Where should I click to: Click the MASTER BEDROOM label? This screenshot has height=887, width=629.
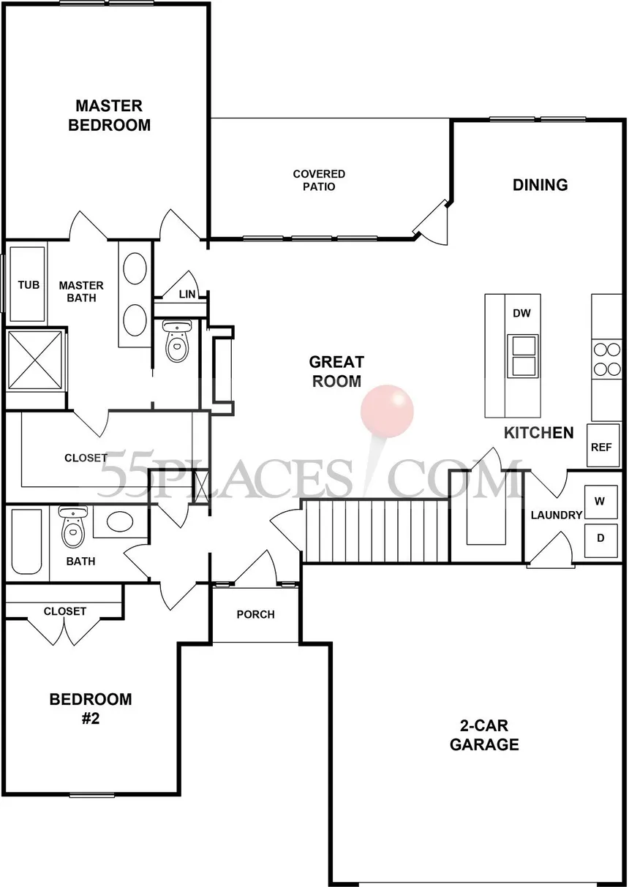pyautogui.click(x=109, y=116)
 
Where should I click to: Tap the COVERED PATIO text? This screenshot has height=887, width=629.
pyautogui.click(x=319, y=180)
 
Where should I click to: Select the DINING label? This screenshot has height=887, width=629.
pyautogui.click(x=540, y=185)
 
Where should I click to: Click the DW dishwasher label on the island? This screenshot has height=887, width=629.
pyautogui.click(x=521, y=314)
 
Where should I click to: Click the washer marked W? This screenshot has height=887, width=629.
pyautogui.click(x=600, y=502)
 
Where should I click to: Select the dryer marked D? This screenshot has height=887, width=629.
pyautogui.click(x=600, y=538)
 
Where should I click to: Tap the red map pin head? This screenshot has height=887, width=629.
pyautogui.click(x=387, y=408)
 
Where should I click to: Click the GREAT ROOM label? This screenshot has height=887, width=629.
pyautogui.click(x=336, y=371)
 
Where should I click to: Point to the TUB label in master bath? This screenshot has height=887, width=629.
pyautogui.click(x=29, y=285)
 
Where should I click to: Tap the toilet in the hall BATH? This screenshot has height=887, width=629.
pyautogui.click(x=72, y=528)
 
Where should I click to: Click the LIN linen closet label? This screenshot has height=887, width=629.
pyautogui.click(x=187, y=294)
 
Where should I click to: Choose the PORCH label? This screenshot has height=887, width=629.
pyautogui.click(x=255, y=614)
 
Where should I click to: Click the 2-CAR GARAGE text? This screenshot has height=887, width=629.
pyautogui.click(x=483, y=736)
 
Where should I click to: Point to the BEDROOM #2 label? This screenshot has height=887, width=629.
pyautogui.click(x=91, y=708)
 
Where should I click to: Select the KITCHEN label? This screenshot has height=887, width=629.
pyautogui.click(x=538, y=433)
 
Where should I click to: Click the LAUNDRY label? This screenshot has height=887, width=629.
pyautogui.click(x=556, y=515)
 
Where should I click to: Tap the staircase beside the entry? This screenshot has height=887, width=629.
pyautogui.click(x=374, y=530)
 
